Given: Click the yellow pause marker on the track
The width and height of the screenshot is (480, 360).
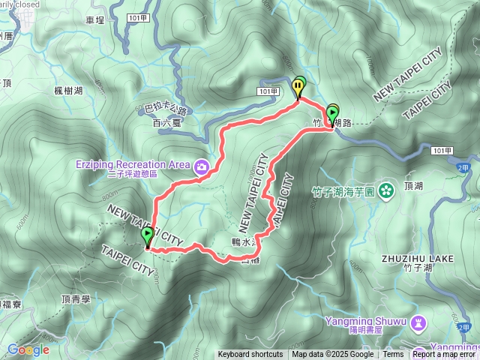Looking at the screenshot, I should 299,87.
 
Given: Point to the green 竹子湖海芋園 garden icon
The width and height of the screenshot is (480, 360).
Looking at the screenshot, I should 385,189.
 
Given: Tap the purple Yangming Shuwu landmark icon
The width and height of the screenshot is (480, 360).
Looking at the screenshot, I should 418,322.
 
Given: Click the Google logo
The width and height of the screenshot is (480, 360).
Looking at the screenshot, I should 28,349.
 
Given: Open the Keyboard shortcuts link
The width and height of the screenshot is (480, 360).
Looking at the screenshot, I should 250,355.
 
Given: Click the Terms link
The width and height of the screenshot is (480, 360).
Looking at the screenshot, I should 393,355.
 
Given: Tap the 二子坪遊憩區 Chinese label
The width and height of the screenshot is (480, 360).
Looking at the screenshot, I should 132,174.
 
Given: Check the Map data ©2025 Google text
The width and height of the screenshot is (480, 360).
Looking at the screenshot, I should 333,355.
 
